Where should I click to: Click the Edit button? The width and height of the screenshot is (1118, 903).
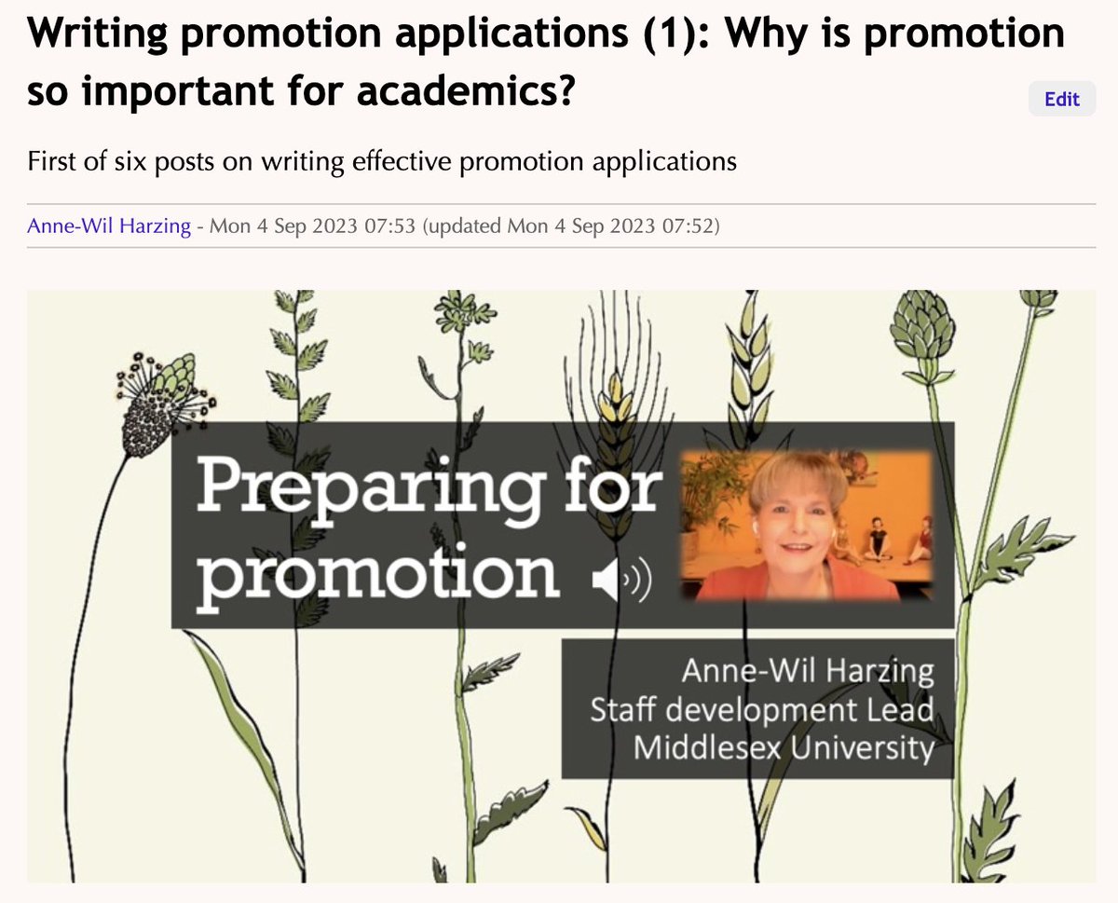click(x=1061, y=99)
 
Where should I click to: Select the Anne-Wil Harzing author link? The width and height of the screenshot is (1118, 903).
click(x=108, y=226)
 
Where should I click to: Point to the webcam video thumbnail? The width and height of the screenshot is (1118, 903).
click(x=806, y=524)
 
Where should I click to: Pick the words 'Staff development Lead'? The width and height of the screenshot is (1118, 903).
click(x=761, y=709)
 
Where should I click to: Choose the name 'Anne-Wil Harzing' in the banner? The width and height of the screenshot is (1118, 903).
click(x=807, y=670)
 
